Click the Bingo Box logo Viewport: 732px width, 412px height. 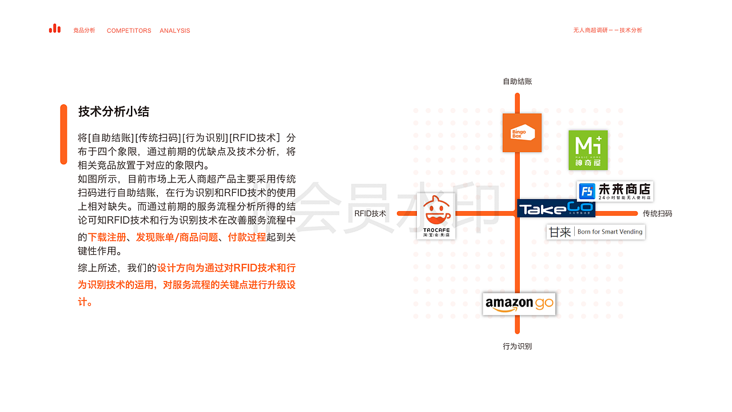pos(522,133)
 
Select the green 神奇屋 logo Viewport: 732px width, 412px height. pos(588,150)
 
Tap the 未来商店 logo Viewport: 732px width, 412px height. pos(615,191)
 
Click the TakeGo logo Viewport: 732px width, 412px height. pos(556,209)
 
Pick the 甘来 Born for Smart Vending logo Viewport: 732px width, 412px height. pos(595,232)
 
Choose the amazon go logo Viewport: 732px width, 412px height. pos(519,304)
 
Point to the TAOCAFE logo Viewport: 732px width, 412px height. pos(436,216)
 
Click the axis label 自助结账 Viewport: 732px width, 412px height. pos(518,81)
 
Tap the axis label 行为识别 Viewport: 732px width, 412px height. pos(518,346)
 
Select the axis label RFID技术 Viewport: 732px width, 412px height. pos(370,213)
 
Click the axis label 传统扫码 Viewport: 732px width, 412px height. pos(657,213)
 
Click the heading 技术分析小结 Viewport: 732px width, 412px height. pos(114,112)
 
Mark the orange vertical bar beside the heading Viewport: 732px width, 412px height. pos(63,134)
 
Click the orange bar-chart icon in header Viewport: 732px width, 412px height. pos(55,29)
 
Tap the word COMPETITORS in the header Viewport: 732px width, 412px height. pos(129,31)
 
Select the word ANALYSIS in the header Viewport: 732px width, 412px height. pos(175,31)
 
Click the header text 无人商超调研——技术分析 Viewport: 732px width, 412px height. pos(607,30)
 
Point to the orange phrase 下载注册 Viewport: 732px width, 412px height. pos(107,237)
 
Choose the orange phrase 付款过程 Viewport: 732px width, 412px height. pos(247,237)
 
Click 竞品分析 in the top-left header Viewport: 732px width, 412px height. pos(84,30)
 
